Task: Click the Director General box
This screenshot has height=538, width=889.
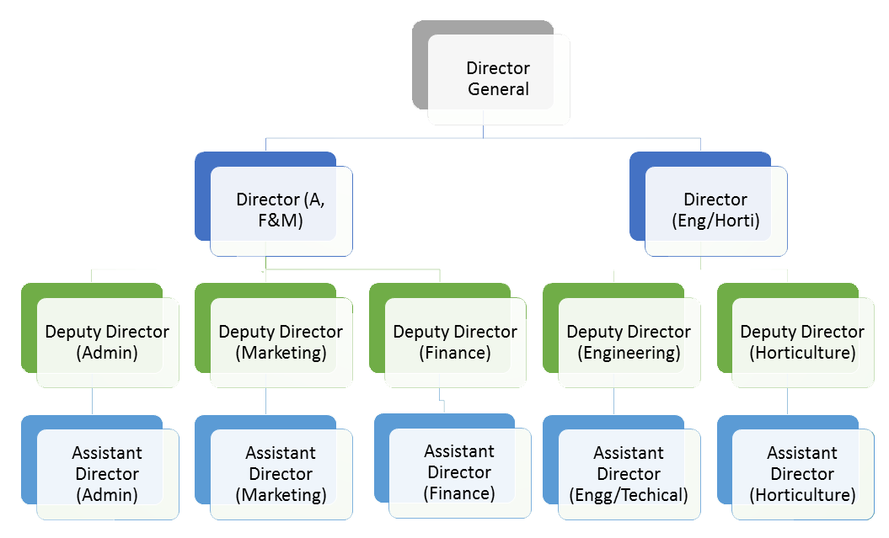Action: coord(498,79)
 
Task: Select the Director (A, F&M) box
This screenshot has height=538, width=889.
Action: coord(281,210)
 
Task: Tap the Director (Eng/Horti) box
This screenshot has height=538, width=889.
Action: coord(715,210)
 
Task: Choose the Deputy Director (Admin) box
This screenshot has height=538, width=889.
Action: coord(107,342)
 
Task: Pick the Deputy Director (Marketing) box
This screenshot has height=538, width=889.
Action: coord(281,342)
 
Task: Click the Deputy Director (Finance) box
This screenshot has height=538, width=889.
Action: coord(455,342)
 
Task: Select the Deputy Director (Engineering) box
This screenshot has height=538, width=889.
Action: coord(629,342)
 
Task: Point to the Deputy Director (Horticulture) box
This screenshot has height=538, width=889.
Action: coord(802,342)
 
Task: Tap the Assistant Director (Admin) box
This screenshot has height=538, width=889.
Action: coord(107,474)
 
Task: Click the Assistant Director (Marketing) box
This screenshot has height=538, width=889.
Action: coord(281,474)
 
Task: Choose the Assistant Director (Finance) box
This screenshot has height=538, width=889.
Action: coord(459,472)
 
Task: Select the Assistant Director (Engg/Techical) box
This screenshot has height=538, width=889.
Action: coord(629,474)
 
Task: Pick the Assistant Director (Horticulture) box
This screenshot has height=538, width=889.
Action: coord(802,474)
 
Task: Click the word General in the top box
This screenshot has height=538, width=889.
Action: coord(499,90)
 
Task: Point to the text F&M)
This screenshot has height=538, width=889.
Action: coord(281,221)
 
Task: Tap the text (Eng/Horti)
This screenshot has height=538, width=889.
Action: coord(715,221)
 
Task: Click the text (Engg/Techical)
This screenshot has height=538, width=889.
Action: coord(629,495)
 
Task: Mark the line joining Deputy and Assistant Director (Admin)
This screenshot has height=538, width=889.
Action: coord(92,401)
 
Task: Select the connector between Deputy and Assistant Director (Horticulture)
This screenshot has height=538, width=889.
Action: coord(787,401)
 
